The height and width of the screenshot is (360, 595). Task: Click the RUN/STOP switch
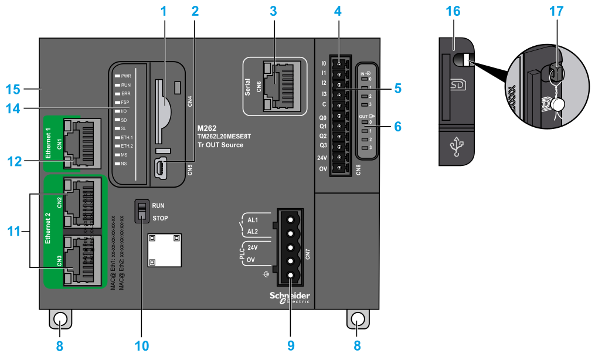[141, 211]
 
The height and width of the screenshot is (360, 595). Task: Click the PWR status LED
[118, 76]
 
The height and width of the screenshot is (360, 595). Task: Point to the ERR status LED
[118, 93]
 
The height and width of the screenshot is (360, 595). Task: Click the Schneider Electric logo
[290, 297]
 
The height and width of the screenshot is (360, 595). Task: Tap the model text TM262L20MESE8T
[224, 136]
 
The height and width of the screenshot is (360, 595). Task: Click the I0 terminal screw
[339, 63]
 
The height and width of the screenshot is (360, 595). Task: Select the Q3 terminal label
[323, 145]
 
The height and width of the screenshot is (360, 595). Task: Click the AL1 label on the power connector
[253, 220]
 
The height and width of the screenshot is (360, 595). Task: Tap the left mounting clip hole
[60, 319]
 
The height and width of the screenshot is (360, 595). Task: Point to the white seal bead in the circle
[557, 104]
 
